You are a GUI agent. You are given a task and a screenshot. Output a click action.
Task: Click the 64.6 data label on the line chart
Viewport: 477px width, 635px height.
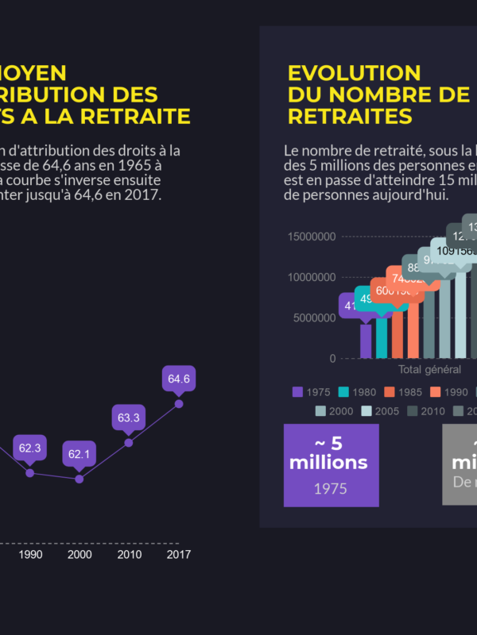tap(178, 379)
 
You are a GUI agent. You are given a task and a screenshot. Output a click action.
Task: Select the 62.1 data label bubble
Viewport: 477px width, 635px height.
tap(79, 454)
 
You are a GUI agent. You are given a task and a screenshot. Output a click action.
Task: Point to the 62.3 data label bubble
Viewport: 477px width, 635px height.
tap(30, 448)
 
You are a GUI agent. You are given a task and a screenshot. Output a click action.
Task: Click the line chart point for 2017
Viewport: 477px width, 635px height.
tap(178, 404)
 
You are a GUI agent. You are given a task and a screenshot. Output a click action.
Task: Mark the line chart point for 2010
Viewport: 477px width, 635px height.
tap(129, 442)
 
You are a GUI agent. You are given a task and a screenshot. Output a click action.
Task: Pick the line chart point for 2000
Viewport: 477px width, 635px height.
tap(79, 479)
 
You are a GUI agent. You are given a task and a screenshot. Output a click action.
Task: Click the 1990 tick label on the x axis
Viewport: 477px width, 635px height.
tap(30, 554)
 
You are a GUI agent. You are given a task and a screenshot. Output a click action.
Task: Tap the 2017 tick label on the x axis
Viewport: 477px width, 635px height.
tap(178, 554)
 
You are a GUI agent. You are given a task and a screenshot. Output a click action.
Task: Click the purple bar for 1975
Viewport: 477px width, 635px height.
tap(366, 341)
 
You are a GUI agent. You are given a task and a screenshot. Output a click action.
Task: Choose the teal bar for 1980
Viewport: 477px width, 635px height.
tap(382, 337)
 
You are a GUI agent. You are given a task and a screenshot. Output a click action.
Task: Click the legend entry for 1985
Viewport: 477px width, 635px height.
tap(401, 391)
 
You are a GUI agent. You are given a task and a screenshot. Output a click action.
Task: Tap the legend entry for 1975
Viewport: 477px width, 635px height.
tap(312, 391)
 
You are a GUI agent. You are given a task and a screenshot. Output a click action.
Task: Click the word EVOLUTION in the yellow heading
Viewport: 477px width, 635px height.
tap(354, 73)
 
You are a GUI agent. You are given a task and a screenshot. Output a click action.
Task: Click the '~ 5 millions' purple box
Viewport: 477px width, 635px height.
tap(331, 465)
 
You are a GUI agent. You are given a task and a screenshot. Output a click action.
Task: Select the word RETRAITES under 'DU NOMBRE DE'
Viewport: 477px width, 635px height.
tap(350, 116)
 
